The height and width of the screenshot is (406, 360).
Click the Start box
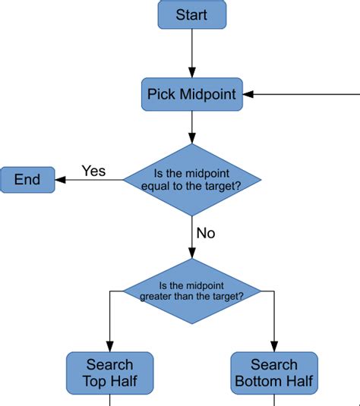pos(191,14)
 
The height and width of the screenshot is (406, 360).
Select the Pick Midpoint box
pos(191,95)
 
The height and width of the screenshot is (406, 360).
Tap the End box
pos(27,180)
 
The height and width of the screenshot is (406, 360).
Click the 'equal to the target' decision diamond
pos(191,181)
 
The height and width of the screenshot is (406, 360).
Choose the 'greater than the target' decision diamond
pos(191,291)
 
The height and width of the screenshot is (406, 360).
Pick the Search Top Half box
pos(109,373)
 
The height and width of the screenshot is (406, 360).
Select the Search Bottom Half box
pos(273,373)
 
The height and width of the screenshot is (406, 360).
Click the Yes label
pos(93,171)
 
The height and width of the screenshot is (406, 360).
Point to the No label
pos(205,233)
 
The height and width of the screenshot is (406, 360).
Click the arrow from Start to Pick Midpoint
pos(191,53)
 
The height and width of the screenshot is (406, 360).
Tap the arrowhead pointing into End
pos(61,180)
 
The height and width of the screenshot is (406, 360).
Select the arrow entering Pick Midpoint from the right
pos(304,95)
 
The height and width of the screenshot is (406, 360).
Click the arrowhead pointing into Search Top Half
pos(109,346)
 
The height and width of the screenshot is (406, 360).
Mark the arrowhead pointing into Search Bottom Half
pos(273,346)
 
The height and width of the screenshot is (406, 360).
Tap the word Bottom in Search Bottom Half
pos(257,381)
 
